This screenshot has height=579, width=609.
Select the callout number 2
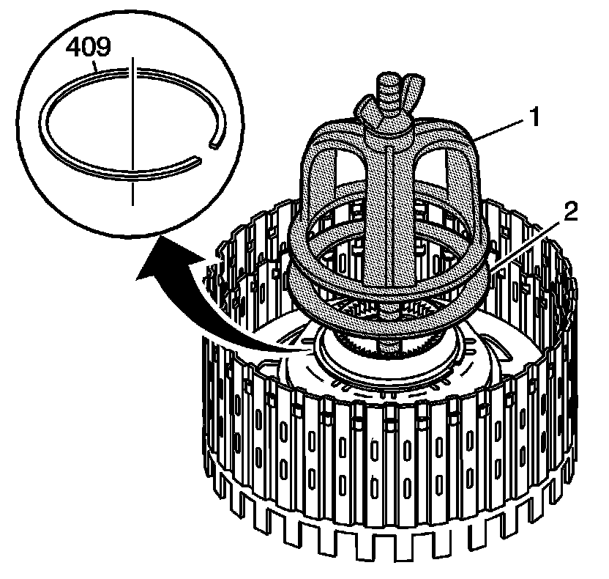point(569,213)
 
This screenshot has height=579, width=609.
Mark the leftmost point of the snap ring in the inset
point(42,110)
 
